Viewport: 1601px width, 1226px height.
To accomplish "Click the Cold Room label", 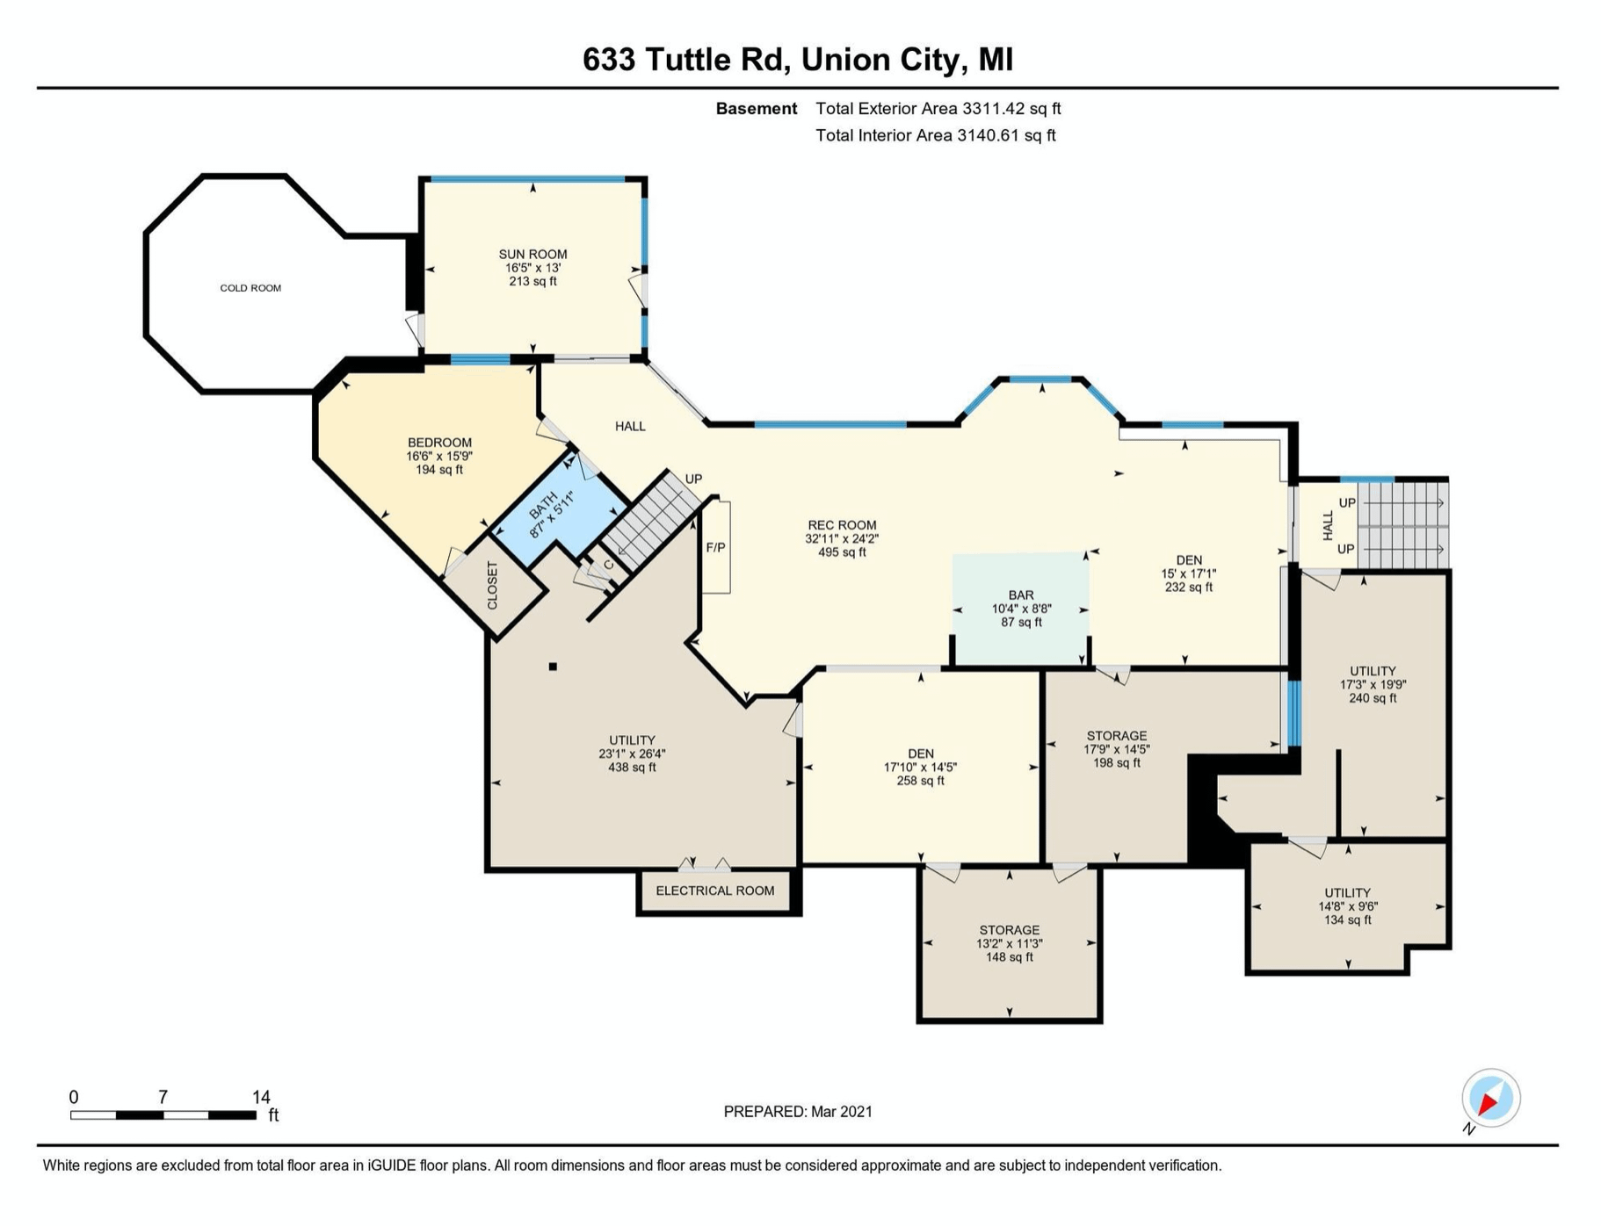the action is pos(250,288).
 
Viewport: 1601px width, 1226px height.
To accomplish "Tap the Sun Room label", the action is pos(532,255).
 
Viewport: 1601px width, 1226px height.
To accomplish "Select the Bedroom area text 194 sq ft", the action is pos(439,470).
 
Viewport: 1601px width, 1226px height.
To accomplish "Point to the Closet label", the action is pos(492,586).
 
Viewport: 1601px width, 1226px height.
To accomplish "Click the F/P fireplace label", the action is pos(716,548).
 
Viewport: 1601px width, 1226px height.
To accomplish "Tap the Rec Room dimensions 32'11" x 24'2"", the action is pos(842,539).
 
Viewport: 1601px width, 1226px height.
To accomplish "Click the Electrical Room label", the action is pos(715,891).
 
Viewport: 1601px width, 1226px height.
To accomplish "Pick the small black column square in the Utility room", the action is pos(553,667).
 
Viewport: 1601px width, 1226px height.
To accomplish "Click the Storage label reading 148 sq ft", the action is pos(1010,957).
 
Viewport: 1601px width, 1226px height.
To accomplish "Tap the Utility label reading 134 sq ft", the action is pos(1348,920).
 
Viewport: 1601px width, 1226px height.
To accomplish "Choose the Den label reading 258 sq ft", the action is pos(921,781).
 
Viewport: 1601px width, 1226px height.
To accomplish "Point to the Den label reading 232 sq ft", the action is pos(1189,588).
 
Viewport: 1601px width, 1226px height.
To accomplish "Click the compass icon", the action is pos(1490,1099).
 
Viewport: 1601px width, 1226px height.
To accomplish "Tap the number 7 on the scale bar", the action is pos(163,1097).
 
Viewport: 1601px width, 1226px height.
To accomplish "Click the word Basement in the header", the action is pos(757,109).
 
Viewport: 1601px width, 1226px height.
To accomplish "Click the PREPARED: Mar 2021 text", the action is pos(798,1112).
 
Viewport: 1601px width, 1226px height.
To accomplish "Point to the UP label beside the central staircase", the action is pos(693,480).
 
